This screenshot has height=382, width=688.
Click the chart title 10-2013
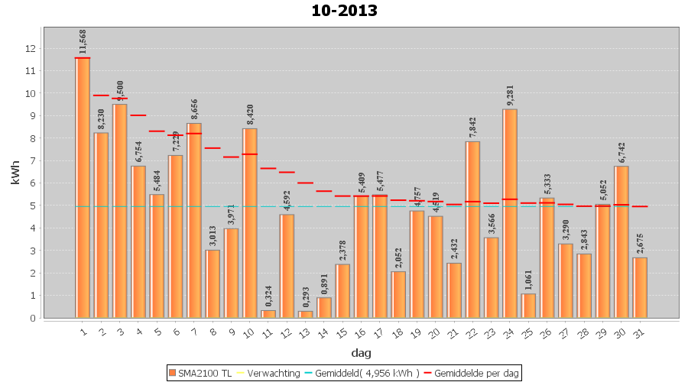pyautogui.click(x=344, y=11)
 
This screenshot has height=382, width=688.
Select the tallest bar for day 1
pyautogui.click(x=83, y=187)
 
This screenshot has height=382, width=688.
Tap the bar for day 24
pyautogui.click(x=510, y=213)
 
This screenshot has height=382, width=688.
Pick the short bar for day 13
pyautogui.click(x=306, y=314)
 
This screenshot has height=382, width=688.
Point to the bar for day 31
pyautogui.click(x=640, y=287)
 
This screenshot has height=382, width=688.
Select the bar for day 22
pyautogui.click(x=472, y=229)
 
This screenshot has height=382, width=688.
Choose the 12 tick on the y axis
pyautogui.click(x=31, y=48)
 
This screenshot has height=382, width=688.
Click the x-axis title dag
pyautogui.click(x=361, y=353)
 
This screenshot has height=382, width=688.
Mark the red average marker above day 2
pyautogui.click(x=101, y=95)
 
